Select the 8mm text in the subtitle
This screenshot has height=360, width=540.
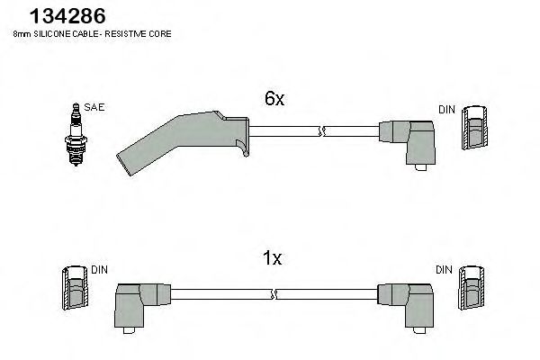click(22, 33)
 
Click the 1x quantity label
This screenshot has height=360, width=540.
click(272, 259)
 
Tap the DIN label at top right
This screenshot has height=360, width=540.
click(446, 110)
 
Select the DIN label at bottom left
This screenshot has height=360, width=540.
click(99, 269)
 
